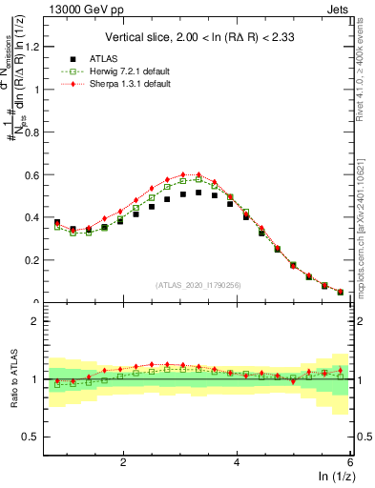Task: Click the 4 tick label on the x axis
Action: [x=237, y=463]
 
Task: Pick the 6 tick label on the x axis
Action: [x=350, y=463]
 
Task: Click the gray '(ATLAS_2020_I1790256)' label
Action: [x=198, y=284]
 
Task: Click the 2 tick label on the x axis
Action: [x=123, y=463]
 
